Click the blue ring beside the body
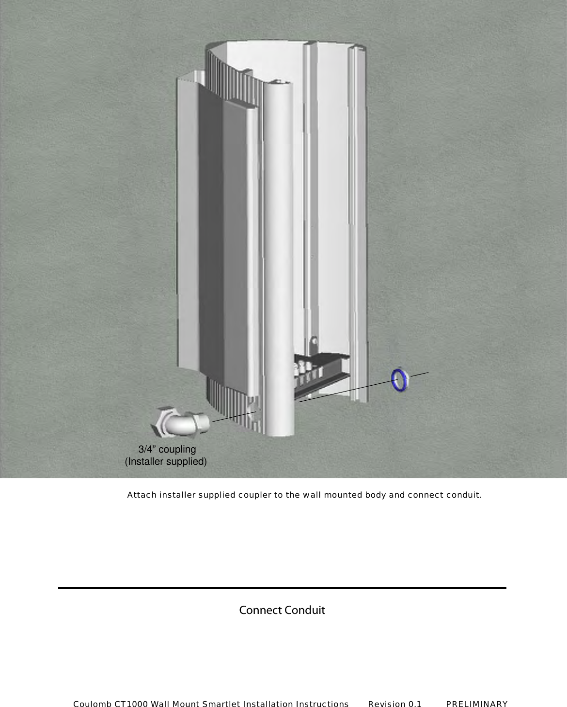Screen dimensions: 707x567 tap(399, 380)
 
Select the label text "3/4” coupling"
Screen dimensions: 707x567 tap(167, 449)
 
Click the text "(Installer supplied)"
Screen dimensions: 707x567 tap(166, 461)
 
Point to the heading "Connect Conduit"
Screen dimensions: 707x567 tap(282, 610)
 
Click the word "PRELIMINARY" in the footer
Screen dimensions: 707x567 tap(477, 704)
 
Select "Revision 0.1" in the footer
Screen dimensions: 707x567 tap(394, 704)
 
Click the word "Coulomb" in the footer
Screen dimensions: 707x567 tap(92, 704)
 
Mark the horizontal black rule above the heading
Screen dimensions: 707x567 tap(282, 588)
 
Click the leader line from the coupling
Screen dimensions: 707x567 tap(234, 417)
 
